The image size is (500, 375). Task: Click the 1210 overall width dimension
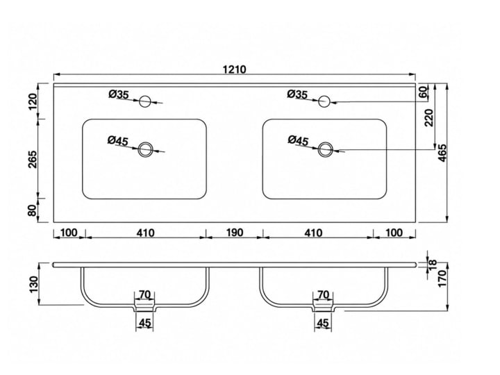(235, 69)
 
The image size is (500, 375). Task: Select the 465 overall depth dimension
(442, 153)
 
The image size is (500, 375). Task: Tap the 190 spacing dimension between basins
(235, 233)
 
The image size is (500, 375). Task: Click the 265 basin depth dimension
(33, 159)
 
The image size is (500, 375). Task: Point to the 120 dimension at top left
(33, 101)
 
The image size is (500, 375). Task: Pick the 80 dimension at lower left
(33, 210)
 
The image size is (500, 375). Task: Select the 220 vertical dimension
(429, 117)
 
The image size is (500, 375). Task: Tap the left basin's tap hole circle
(145, 101)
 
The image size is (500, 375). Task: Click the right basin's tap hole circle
(324, 101)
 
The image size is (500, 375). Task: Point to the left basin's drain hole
(145, 149)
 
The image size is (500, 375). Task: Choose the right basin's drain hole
(326, 149)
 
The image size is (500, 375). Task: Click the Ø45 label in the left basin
(117, 140)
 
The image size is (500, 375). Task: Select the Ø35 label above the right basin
(297, 94)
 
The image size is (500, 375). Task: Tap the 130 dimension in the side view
(33, 284)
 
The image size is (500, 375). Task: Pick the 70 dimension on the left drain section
(144, 294)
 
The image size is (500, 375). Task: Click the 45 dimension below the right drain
(323, 324)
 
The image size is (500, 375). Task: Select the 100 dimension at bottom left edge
(69, 233)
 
